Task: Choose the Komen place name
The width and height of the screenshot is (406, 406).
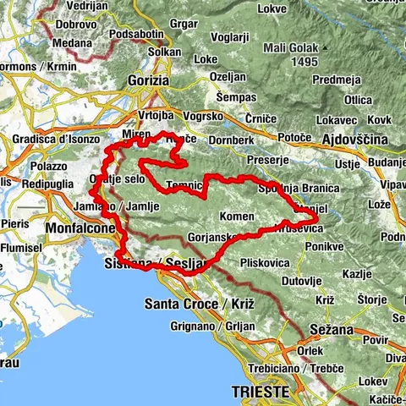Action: click(x=236, y=217)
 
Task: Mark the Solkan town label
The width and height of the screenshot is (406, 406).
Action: click(x=164, y=52)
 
